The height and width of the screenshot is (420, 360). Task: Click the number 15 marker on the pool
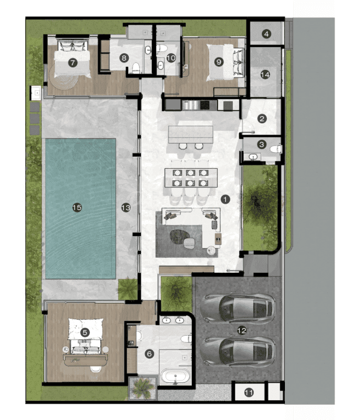77,208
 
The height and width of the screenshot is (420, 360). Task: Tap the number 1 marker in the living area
225,199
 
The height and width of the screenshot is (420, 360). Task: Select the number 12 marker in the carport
242,331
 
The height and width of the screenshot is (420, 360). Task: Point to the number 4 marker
266,34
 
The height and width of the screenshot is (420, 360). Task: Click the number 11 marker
249,393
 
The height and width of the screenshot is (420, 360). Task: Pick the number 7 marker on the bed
73,63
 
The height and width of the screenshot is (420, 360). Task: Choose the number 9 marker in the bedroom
219,62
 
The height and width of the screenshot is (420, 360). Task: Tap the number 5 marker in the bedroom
85,333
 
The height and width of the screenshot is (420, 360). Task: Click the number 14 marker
265,74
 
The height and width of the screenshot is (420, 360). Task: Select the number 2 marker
262,119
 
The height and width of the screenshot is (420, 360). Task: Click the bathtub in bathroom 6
175,376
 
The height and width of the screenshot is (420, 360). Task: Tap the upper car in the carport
238,309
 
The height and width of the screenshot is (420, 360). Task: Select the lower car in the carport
238,352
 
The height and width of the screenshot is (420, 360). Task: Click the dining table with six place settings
191,178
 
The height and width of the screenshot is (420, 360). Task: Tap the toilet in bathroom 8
136,67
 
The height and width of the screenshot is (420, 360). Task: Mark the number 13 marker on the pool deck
125,208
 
